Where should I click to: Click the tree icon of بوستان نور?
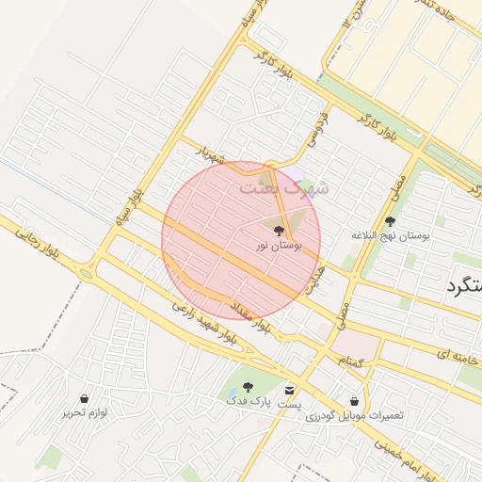279,230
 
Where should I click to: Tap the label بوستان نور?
279,246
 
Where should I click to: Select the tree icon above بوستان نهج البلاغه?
390,221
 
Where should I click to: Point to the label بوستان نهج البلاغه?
390,235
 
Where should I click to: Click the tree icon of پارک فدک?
248,387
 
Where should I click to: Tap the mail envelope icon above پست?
289,390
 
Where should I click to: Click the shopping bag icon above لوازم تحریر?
86,398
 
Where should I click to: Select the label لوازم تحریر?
88,412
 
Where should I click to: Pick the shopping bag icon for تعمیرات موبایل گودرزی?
354,401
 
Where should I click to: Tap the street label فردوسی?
317,131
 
